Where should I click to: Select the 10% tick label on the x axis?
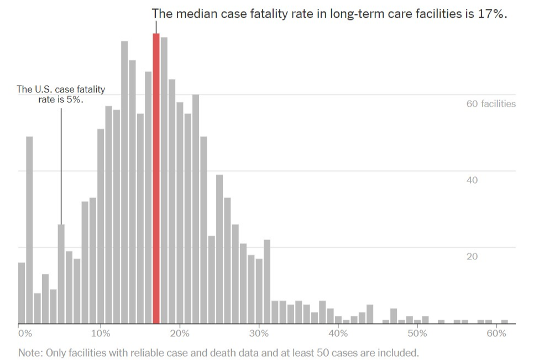pos(101,333)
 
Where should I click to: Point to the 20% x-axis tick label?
pos(180,333)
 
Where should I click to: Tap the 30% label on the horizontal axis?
pos(259,333)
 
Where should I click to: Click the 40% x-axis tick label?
pos(338,333)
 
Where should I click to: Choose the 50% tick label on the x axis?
pos(417,333)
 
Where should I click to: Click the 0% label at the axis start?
pos(25,333)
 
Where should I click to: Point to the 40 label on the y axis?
pos(473,180)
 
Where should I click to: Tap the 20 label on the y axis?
pos(473,257)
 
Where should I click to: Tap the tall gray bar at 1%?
pos(29,229)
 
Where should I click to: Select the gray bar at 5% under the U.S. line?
pos(61,274)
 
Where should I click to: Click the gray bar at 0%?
pos(22,293)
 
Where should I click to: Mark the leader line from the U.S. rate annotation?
pos(61,166)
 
